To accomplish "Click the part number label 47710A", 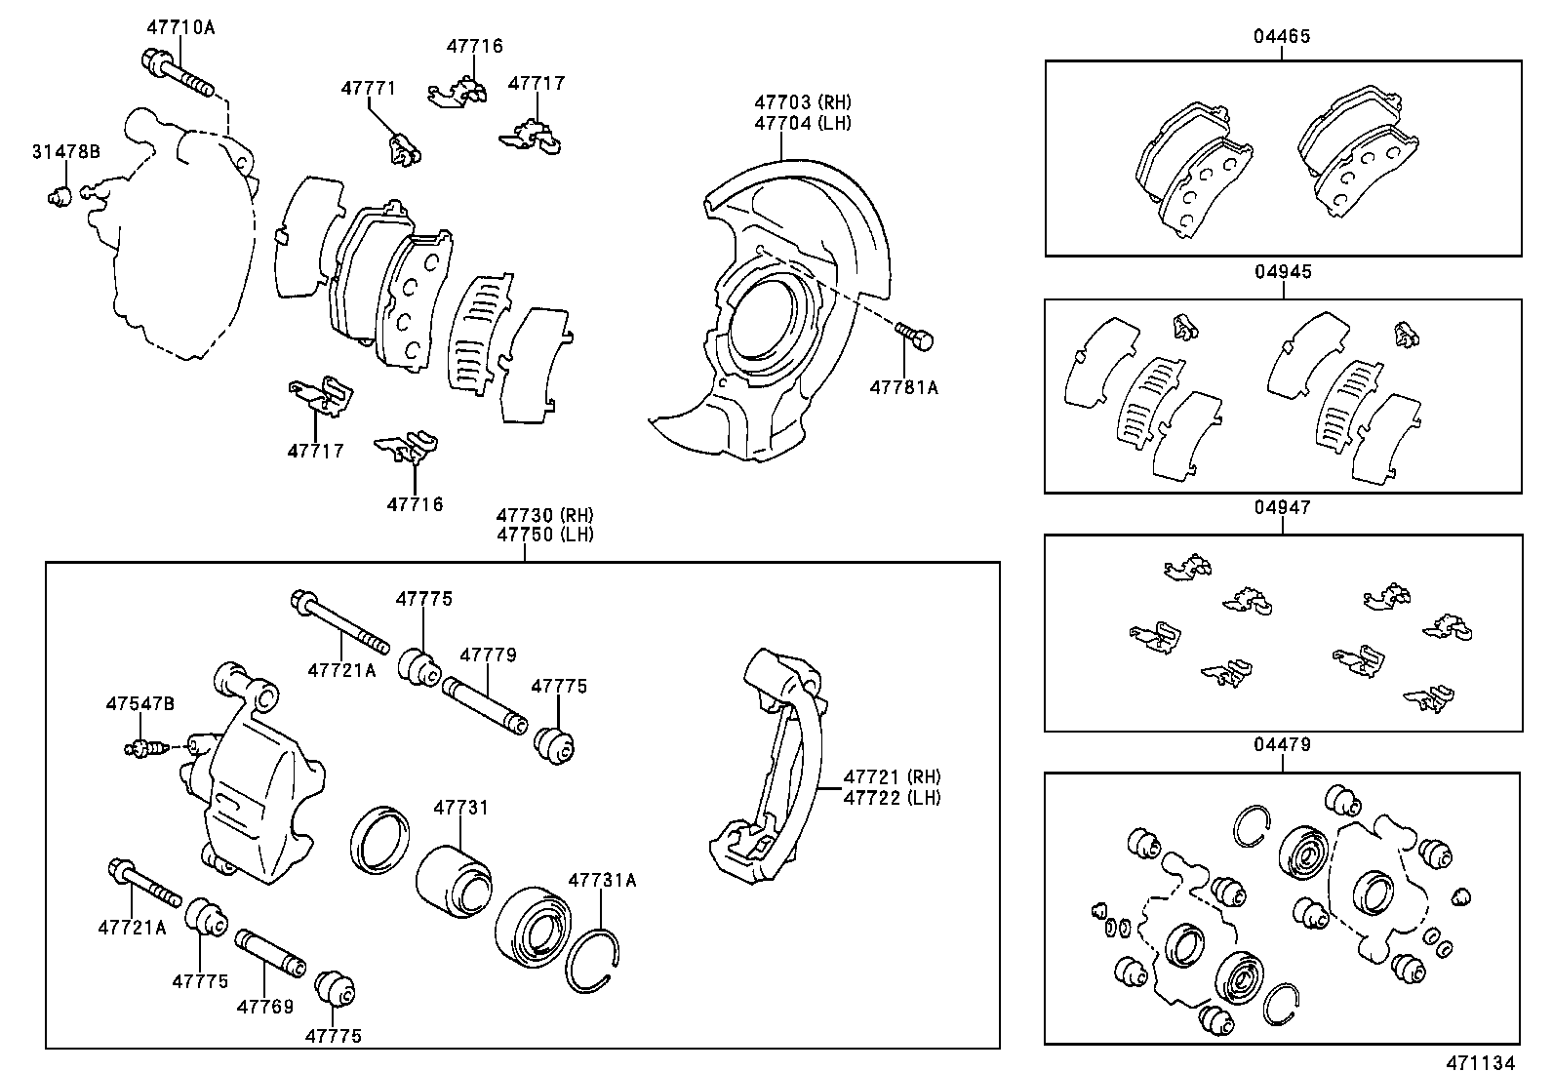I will pos(180,27).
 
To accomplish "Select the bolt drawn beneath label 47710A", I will pos(180,75).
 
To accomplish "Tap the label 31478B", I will pos(65,151).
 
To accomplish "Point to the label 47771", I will pos(368,88).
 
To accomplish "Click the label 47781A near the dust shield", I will pos(903,387).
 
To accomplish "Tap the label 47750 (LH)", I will pos(544,535).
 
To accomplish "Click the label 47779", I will pos(488,655).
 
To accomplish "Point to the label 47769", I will pos(263,1007).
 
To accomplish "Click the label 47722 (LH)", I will pos(892,797).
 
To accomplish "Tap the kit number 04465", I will pos(1282,37).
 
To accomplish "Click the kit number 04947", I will pos(1282,508).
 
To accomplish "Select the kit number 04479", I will pos(1282,745).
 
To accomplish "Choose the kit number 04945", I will pos(1282,272).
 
